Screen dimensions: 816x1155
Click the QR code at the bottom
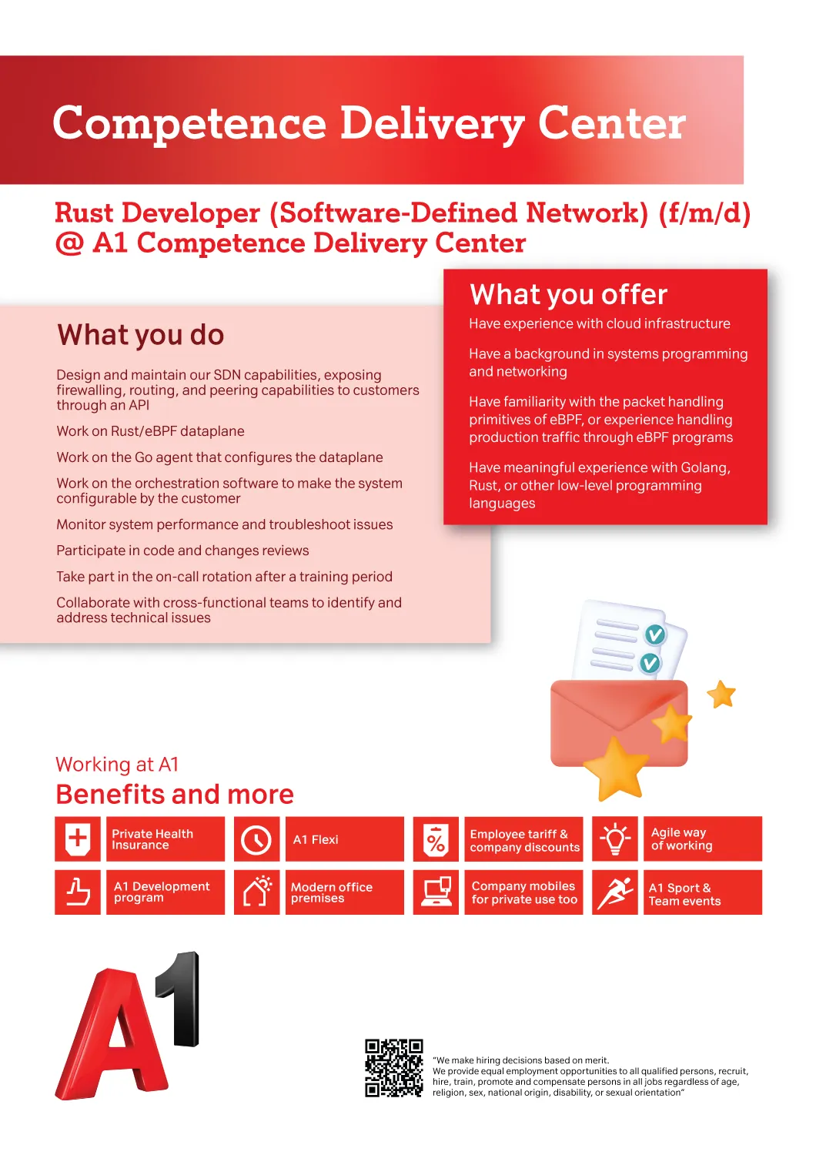click(394, 1068)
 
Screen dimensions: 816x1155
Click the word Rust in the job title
click(84, 213)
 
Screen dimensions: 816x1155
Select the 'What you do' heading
click(140, 335)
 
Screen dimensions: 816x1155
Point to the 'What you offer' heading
click(568, 294)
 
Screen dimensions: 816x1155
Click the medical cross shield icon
click(78, 839)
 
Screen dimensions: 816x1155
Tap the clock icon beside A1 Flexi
click(256, 839)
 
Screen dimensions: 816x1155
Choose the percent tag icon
click(436, 839)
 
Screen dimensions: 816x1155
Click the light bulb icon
click(614, 839)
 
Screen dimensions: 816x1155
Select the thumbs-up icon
click(78, 892)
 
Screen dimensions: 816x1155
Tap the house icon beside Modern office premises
click(256, 892)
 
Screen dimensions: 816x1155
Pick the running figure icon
click(614, 892)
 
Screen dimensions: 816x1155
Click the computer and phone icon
click(436, 892)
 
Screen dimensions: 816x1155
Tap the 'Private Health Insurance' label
click(152, 839)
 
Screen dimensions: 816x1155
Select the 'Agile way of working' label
click(681, 839)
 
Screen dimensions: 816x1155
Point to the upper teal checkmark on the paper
click(655, 634)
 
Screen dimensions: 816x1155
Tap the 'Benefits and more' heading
click(175, 794)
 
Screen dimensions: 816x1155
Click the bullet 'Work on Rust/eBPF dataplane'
click(151, 431)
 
